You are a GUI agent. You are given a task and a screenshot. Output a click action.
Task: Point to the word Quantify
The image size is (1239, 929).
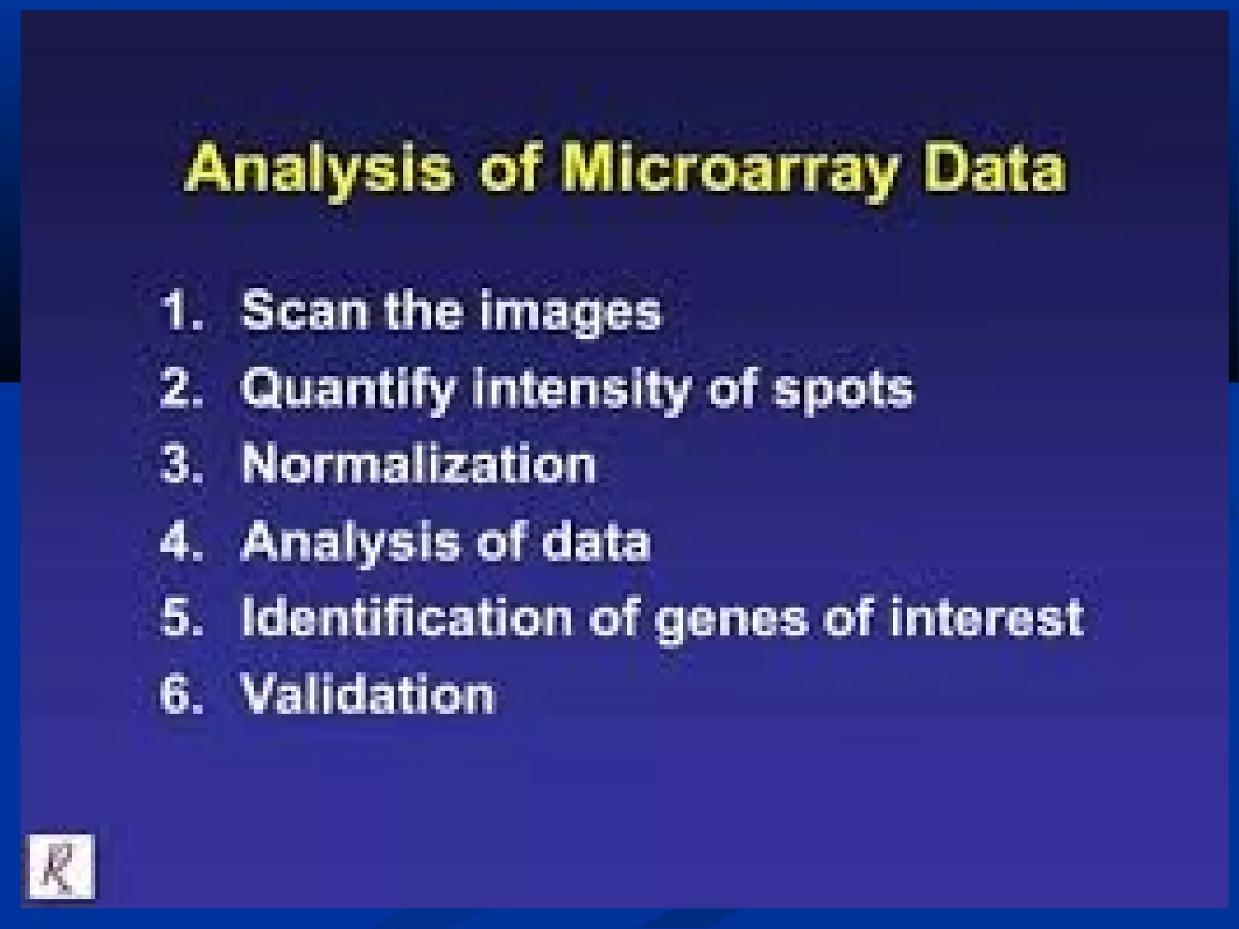pos(348,390)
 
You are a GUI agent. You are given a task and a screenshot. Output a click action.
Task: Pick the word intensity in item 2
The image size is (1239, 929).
pos(581,390)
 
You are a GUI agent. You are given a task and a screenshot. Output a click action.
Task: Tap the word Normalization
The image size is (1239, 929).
pos(419,464)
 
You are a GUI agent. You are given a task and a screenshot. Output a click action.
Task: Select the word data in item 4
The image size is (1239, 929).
pos(596,541)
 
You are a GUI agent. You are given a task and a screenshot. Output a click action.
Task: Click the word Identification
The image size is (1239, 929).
pos(407,618)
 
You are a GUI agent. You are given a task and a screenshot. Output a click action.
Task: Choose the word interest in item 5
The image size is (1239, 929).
pos(986,618)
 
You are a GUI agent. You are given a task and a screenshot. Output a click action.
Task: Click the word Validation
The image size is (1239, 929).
pos(368,694)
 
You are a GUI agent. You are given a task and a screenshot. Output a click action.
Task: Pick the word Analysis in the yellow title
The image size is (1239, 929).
pos(319,169)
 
